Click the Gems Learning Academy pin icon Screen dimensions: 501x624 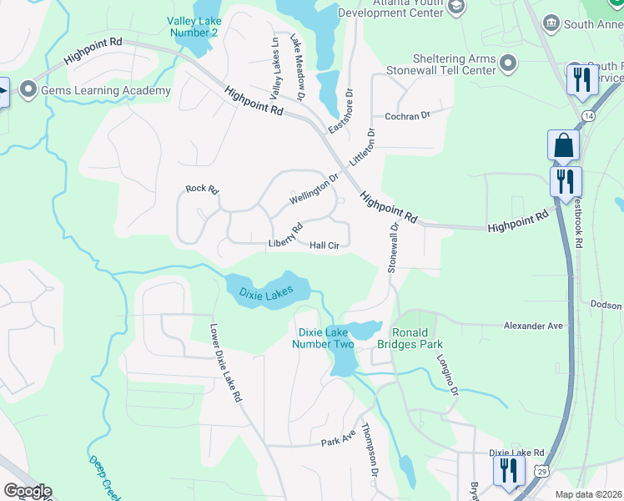28,90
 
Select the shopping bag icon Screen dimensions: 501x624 563,145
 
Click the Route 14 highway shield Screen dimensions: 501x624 590,114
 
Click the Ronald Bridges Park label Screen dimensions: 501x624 417,337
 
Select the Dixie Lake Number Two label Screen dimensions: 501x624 327,337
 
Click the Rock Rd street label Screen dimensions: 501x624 202,190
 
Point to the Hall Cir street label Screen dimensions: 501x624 325,245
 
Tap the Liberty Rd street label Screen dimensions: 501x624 284,236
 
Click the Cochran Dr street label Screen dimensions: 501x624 406,116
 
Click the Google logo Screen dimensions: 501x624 27,491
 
